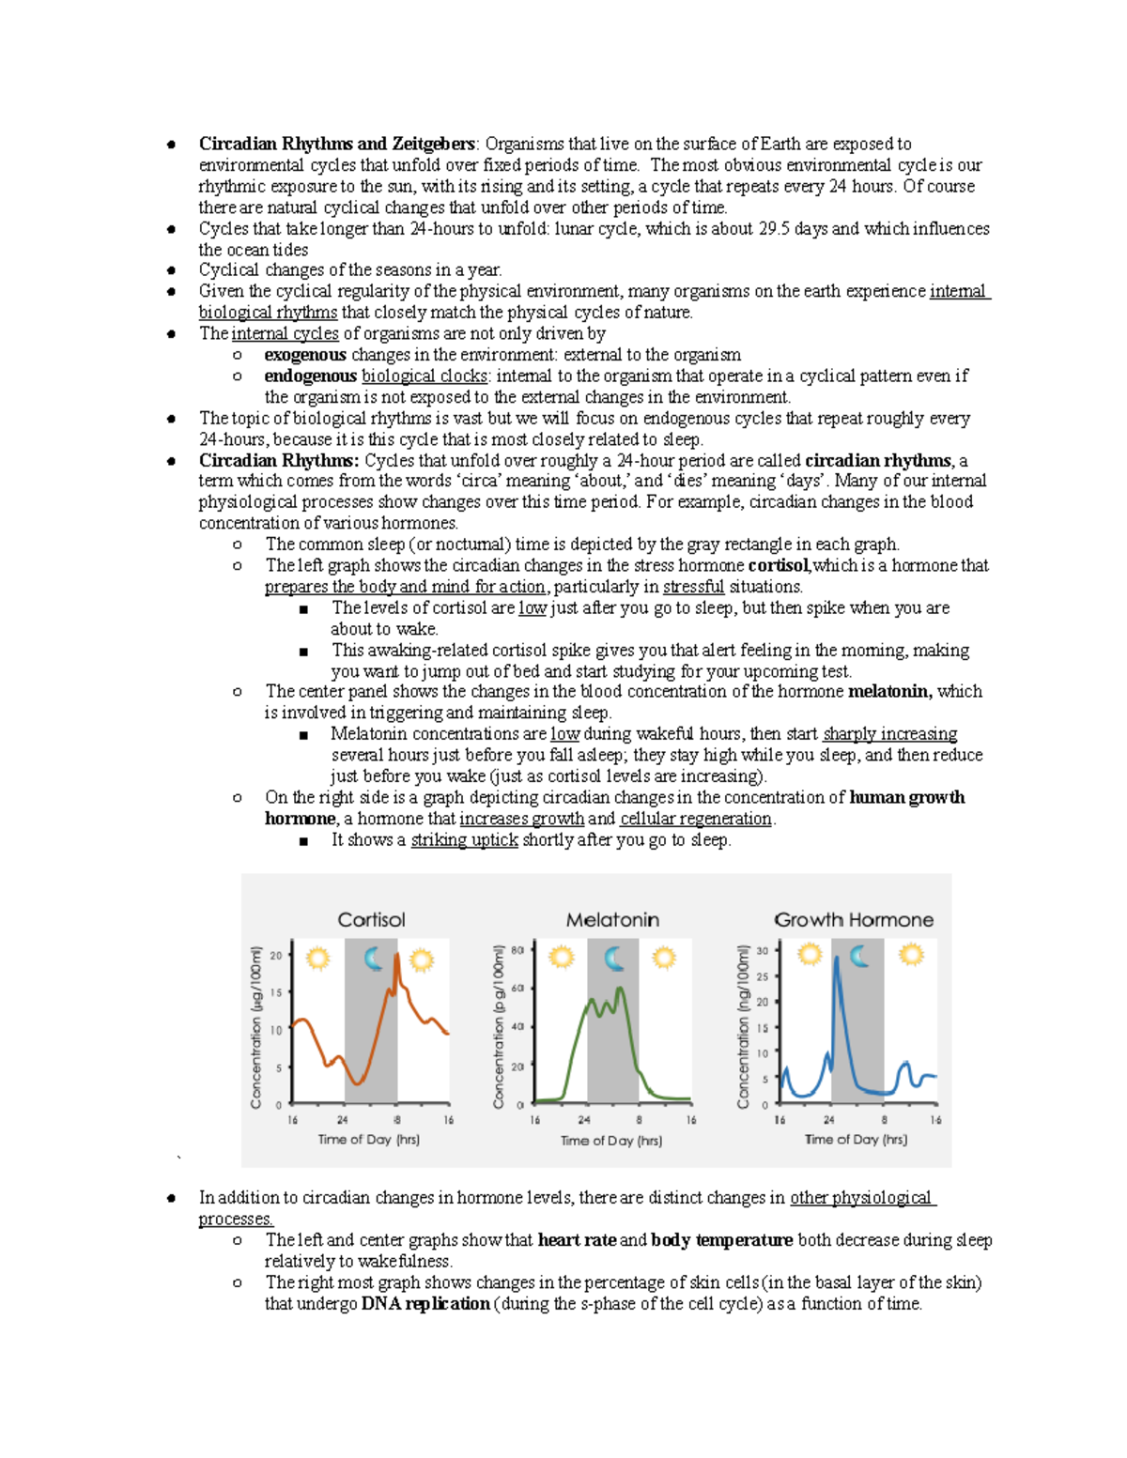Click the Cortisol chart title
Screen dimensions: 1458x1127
coord(371,920)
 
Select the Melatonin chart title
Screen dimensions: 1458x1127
coord(612,920)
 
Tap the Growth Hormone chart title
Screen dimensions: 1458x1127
coord(853,920)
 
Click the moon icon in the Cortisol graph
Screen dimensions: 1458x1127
coord(373,959)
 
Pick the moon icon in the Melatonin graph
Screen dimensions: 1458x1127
coord(614,959)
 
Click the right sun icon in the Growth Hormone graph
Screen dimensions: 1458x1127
coord(910,956)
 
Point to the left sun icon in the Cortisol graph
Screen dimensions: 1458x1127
coord(317,959)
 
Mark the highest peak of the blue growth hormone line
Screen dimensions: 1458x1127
coord(836,959)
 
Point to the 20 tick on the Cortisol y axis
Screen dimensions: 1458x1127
coord(276,956)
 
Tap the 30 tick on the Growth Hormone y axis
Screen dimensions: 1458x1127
coord(763,951)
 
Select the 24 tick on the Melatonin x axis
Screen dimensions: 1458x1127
coord(584,1120)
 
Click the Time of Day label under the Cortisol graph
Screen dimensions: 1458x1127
coord(368,1140)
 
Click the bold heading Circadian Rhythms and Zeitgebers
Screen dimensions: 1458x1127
coord(336,144)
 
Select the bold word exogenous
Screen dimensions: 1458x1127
coord(304,355)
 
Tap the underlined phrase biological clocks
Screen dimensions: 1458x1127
coord(424,376)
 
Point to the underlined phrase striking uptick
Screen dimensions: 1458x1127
coord(464,840)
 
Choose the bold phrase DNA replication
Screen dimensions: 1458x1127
coord(425,1304)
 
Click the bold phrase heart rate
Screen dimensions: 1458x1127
coord(577,1240)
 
